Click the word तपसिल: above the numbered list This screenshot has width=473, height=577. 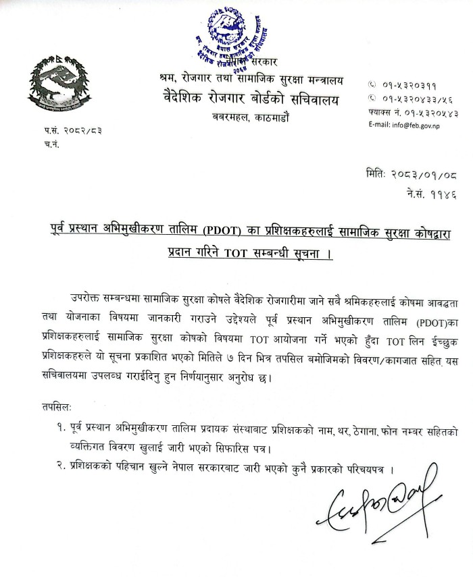[x=60, y=407]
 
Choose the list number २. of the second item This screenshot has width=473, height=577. [x=63, y=468]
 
